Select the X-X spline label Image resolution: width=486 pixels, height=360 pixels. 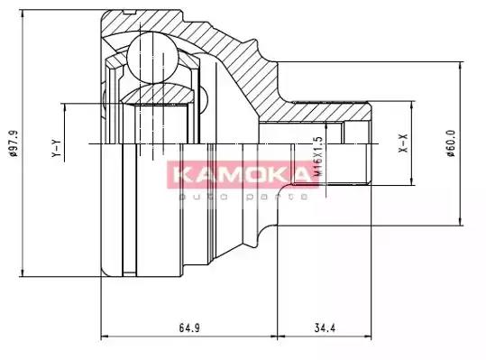[405, 143]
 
